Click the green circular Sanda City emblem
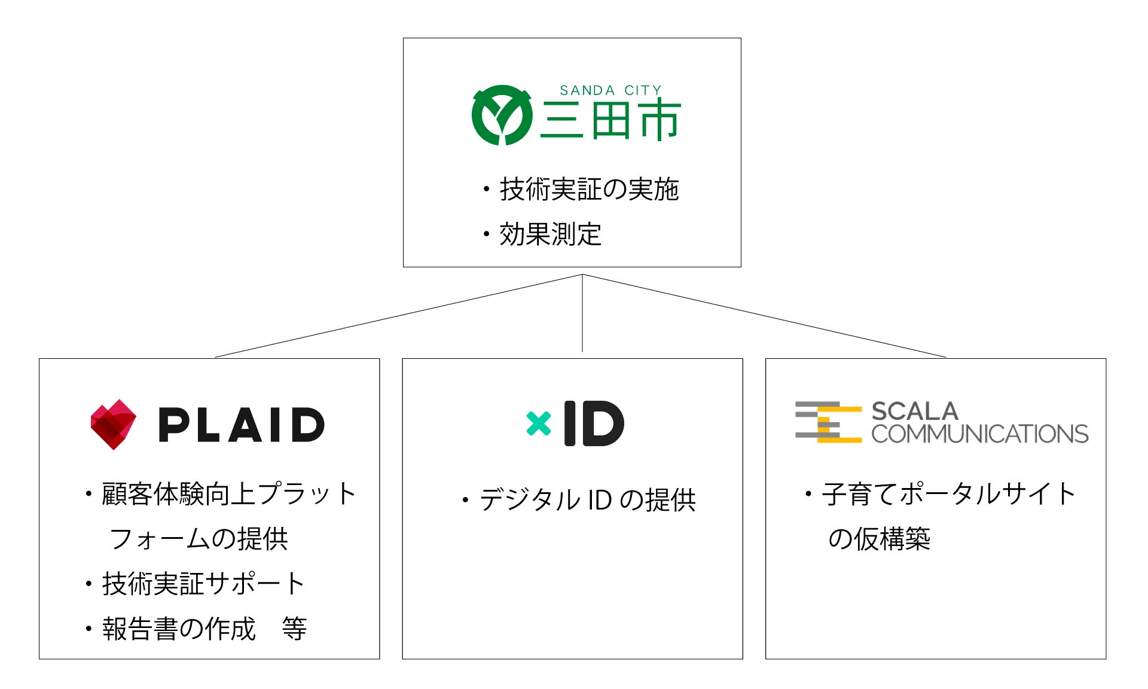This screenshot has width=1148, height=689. pyautogui.click(x=502, y=115)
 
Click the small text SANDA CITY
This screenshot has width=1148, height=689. pyautogui.click(x=610, y=90)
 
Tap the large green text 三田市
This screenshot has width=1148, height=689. pyautogui.click(x=610, y=121)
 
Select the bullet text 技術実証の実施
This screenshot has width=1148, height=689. pyautogui.click(x=589, y=189)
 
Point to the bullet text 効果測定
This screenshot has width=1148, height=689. pyautogui.click(x=550, y=234)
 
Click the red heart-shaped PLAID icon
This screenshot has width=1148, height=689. pyautogui.click(x=113, y=424)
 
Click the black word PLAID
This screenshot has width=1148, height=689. pyautogui.click(x=242, y=425)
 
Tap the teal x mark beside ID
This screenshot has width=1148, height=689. pyautogui.click(x=538, y=423)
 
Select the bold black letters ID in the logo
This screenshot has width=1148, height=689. pyautogui.click(x=594, y=423)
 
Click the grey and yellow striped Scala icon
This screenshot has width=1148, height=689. pyautogui.click(x=828, y=422)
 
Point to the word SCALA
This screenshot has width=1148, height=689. pyautogui.click(x=915, y=411)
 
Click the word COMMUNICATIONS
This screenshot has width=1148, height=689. pyautogui.click(x=979, y=434)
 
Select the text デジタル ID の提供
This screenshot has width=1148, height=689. pyautogui.click(x=587, y=500)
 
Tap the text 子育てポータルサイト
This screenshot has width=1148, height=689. pyautogui.click(x=949, y=494)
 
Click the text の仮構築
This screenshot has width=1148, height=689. pyautogui.click(x=879, y=539)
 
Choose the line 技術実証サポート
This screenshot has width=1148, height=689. pyautogui.click(x=203, y=584)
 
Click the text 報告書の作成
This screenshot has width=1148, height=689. pyautogui.click(x=179, y=629)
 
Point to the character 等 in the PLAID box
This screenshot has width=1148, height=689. pyautogui.click(x=294, y=629)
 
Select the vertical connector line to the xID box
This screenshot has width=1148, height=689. pyautogui.click(x=582, y=313)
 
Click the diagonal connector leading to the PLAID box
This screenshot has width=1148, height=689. pyautogui.click(x=398, y=316)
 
